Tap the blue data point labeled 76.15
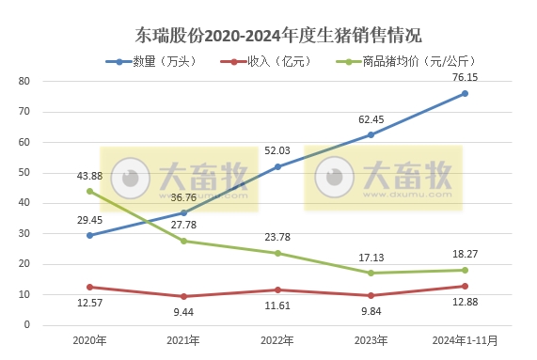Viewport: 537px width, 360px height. point(465,93)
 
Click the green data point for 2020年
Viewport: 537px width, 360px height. point(89,191)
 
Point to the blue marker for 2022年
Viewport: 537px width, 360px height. point(277,166)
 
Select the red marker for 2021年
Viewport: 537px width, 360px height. point(183,296)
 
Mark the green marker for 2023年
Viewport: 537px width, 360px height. point(371,273)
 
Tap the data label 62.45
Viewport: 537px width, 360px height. point(370,119)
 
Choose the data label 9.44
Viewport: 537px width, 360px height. point(182,312)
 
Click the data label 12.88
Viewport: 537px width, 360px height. point(464,302)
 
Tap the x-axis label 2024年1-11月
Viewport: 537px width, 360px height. point(464,339)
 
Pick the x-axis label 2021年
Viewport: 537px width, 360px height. point(183,339)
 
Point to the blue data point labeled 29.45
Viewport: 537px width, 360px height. point(89,235)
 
